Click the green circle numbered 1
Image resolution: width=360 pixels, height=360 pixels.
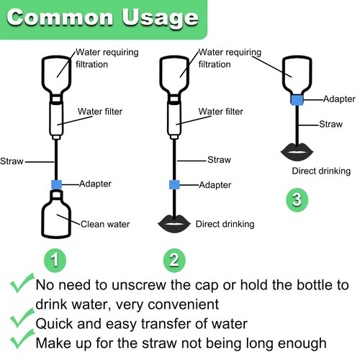[x=55, y=261]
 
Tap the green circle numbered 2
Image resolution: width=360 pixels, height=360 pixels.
[x=174, y=261]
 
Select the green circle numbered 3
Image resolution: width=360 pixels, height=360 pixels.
[x=297, y=199]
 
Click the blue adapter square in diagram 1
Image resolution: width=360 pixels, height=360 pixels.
[x=56, y=184]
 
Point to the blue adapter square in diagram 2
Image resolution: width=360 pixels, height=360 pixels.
[x=174, y=184]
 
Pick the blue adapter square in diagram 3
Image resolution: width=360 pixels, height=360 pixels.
[x=297, y=99]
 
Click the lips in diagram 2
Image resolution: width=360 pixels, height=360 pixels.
[x=174, y=224]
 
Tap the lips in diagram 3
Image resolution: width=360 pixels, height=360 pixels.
[x=297, y=152]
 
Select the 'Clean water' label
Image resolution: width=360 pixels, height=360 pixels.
[x=105, y=224]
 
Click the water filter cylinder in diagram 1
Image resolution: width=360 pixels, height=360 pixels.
[x=56, y=120]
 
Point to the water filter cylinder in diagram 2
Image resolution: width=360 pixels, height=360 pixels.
[x=174, y=120]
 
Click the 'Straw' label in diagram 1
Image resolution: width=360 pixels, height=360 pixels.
[x=12, y=161]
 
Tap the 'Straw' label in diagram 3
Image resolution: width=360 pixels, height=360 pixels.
[x=330, y=124]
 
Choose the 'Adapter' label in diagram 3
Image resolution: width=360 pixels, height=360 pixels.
[x=339, y=99]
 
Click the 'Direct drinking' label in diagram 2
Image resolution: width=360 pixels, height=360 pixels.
[x=225, y=224]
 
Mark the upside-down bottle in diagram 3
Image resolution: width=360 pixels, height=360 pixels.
[x=297, y=75]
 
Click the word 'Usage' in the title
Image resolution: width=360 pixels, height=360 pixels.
[x=161, y=18]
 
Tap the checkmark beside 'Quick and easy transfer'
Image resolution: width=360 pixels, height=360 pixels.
[x=22, y=318]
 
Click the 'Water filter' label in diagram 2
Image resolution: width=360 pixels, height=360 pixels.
[x=221, y=112]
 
